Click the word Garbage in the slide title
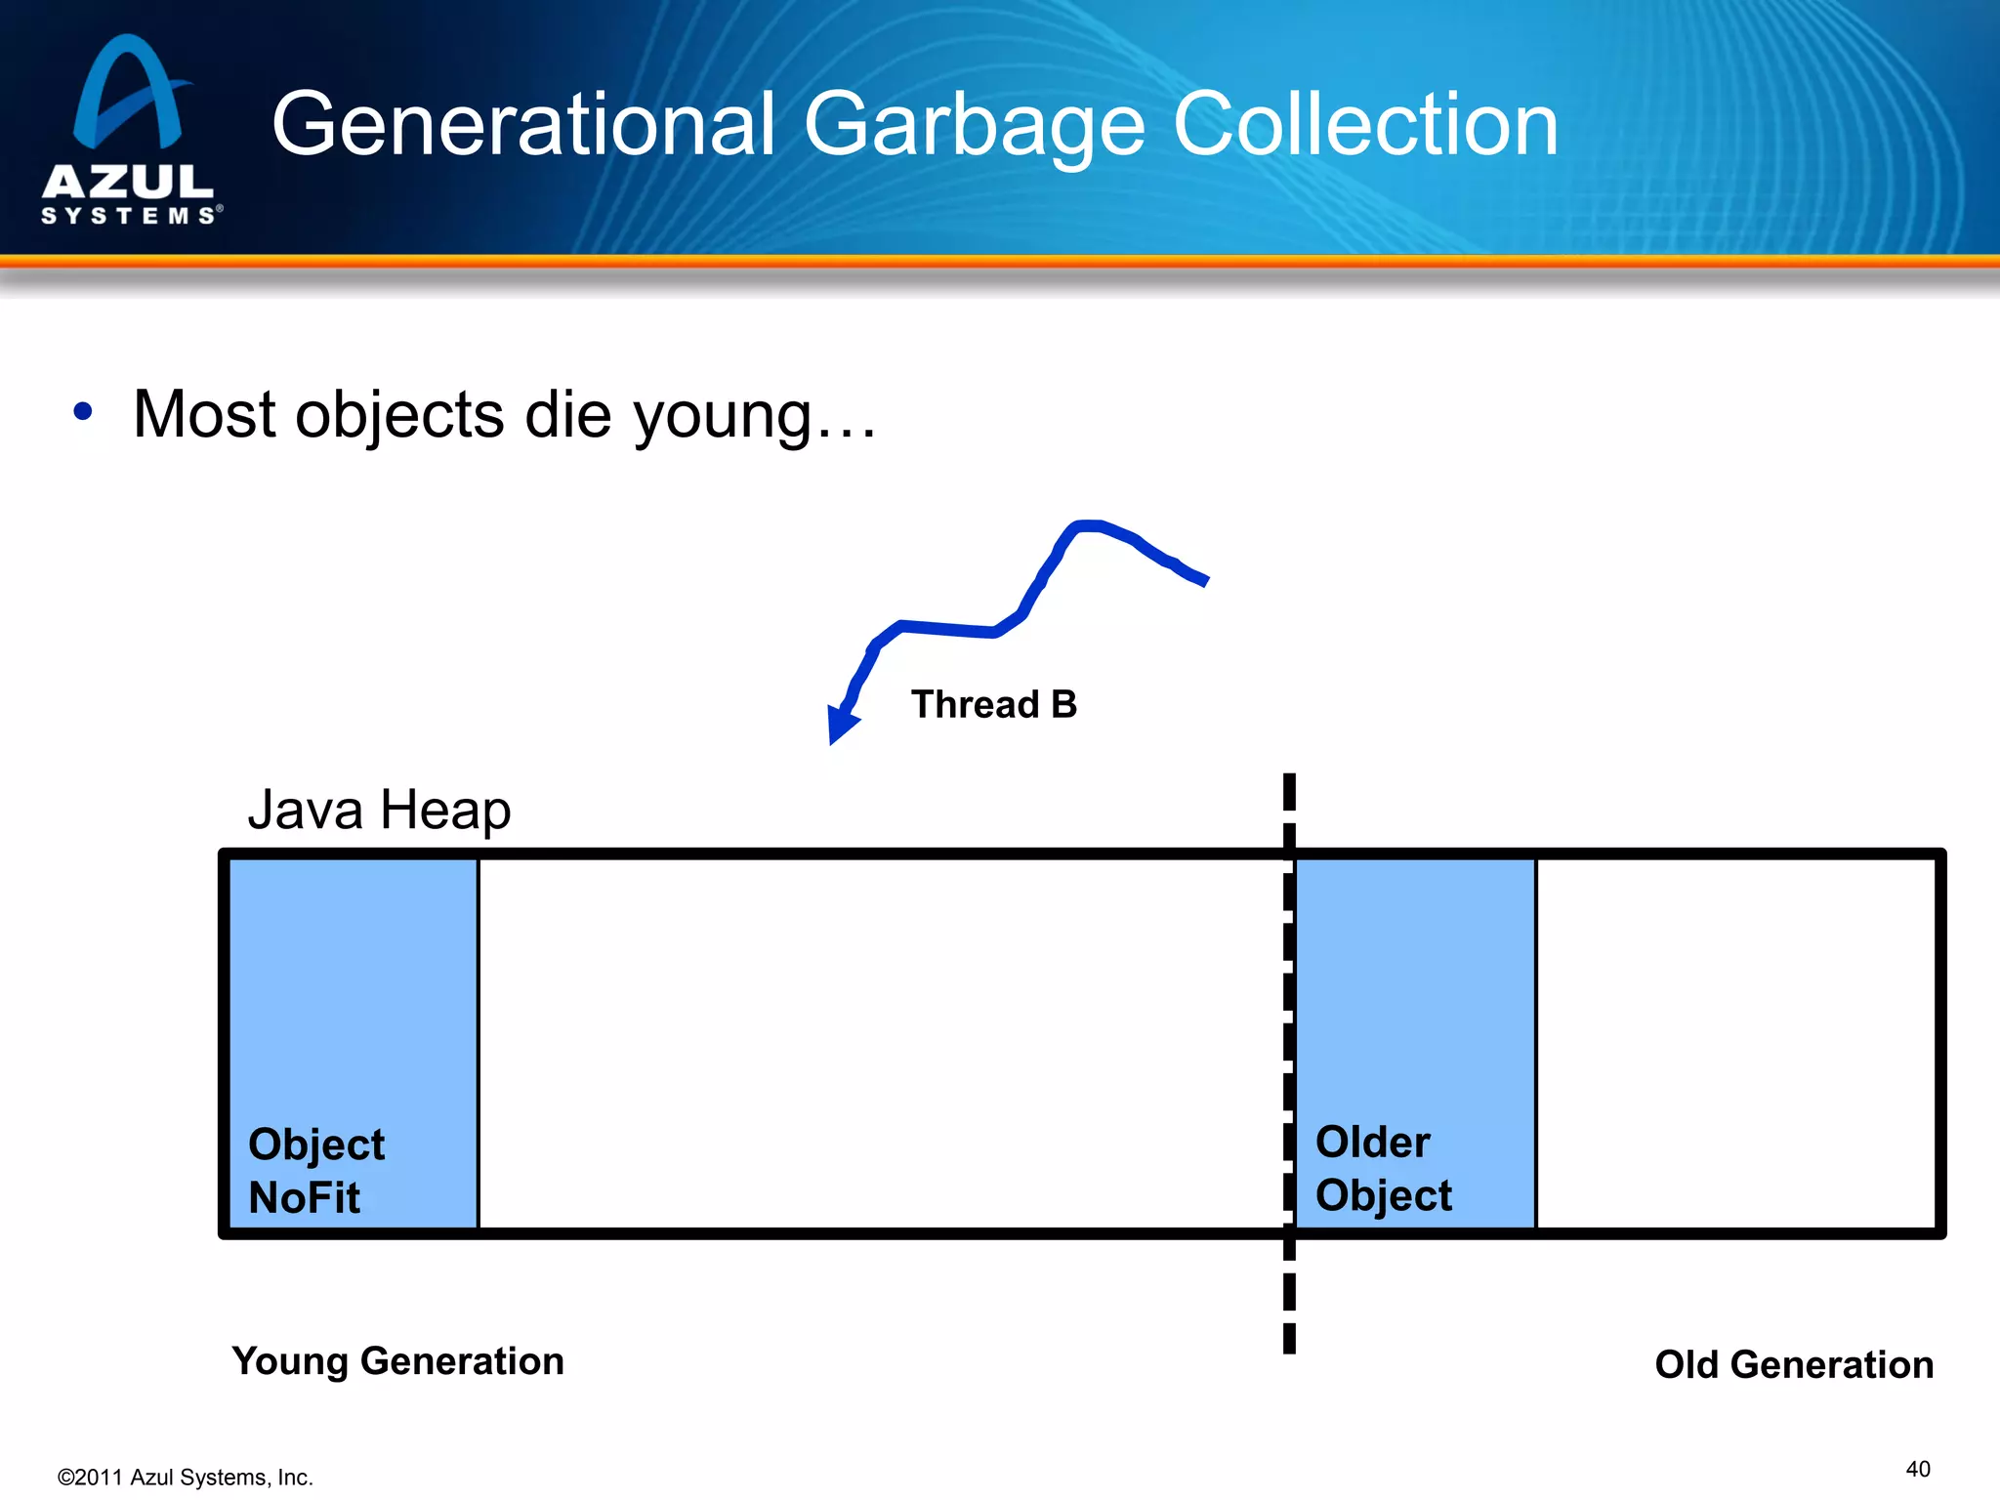tap(973, 125)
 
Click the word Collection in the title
tap(1364, 125)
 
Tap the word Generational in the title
tap(522, 125)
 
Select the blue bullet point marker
tap(83, 412)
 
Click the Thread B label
tap(993, 704)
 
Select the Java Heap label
tap(379, 810)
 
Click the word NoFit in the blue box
tap(304, 1197)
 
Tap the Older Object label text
tap(1382, 1169)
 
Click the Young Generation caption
tap(397, 1361)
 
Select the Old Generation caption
tap(1793, 1364)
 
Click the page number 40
tap(1917, 1469)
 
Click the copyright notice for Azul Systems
tap(185, 1478)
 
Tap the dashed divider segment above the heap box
tap(1289, 793)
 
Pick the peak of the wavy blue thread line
tap(1089, 526)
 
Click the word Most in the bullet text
tap(203, 414)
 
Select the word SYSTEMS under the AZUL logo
tap(128, 215)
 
